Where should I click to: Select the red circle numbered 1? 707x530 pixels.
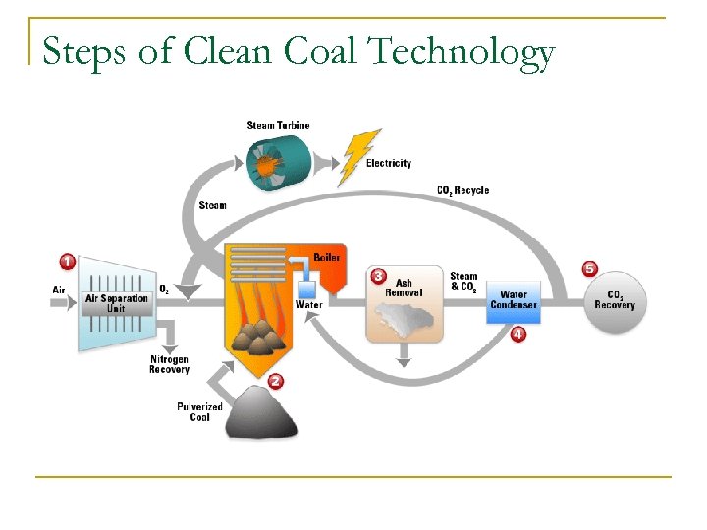pos(67,261)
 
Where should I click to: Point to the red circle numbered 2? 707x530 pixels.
pos(276,381)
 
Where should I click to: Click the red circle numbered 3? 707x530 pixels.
pos(379,276)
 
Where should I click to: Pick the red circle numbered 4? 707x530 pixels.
pos(517,334)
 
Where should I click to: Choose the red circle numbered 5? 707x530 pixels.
pos(589,268)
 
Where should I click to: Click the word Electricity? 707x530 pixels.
pos(389,163)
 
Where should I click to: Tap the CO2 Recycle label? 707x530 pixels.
pos(462,190)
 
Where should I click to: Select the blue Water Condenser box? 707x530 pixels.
pos(514,298)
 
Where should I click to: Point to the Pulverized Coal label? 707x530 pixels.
pos(199,411)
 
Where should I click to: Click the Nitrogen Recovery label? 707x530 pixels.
pos(169,364)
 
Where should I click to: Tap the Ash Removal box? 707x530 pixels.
pos(405,306)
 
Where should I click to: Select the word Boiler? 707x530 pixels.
pos(326,257)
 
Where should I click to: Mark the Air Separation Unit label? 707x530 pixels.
pos(117,303)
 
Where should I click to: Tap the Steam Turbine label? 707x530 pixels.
pos(278,125)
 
